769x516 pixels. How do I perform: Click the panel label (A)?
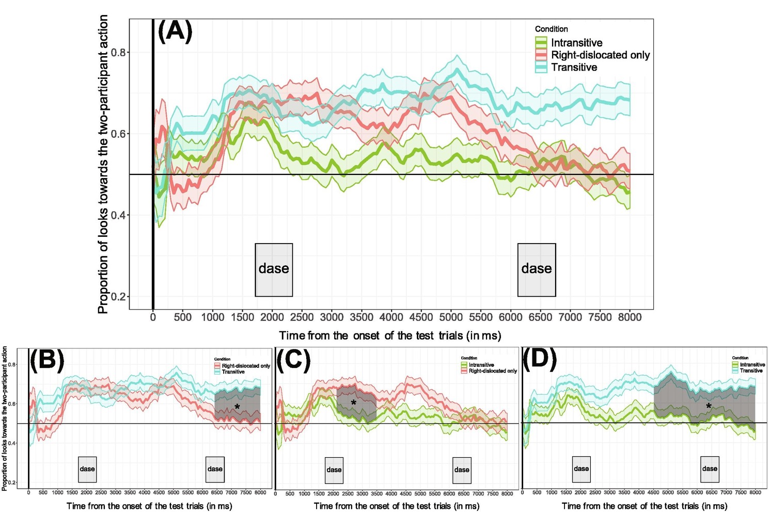tap(175, 31)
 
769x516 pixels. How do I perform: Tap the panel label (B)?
tap(47, 360)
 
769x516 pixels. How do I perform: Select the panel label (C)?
tap(293, 360)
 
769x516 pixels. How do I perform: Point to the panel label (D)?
tap(540, 360)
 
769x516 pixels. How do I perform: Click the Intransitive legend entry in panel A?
tap(576, 43)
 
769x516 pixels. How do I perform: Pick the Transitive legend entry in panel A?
tap(574, 67)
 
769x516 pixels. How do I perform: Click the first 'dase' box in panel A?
tap(274, 269)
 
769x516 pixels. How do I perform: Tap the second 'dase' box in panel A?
tap(537, 269)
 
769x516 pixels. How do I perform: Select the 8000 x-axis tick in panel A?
tap(630, 317)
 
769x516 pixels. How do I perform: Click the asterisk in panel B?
tap(237, 407)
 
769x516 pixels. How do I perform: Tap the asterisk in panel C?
tap(354, 403)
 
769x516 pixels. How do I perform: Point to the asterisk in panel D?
tap(709, 407)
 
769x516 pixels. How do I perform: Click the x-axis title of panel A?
tap(390, 336)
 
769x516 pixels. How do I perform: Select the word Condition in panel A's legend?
tap(551, 29)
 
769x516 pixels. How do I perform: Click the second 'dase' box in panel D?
tap(710, 469)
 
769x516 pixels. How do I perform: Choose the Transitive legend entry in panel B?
tap(233, 372)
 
